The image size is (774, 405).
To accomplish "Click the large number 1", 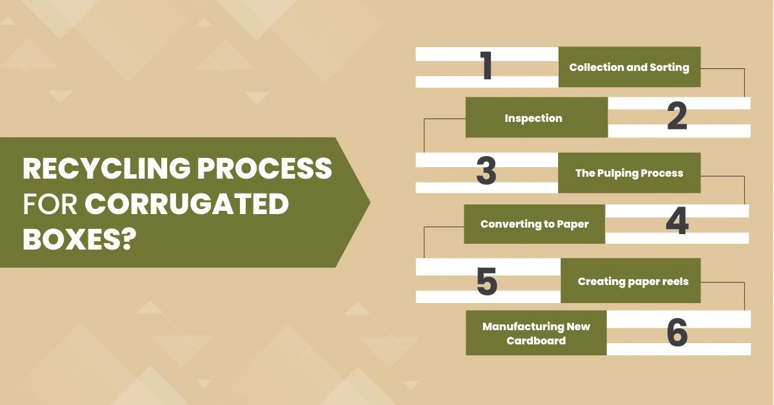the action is pyautogui.click(x=487, y=66).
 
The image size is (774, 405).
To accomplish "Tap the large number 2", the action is pyautogui.click(x=677, y=116).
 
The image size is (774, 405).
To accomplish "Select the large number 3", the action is pyautogui.click(x=486, y=170).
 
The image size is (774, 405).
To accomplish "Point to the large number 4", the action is pyautogui.click(x=677, y=221).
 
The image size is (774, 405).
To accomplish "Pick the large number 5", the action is pyautogui.click(x=487, y=281).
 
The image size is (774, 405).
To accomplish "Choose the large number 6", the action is pyautogui.click(x=677, y=332).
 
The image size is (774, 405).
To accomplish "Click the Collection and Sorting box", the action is pyautogui.click(x=630, y=66).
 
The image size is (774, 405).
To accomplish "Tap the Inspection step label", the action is pyautogui.click(x=533, y=118).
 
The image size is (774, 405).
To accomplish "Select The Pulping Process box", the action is pyautogui.click(x=630, y=173).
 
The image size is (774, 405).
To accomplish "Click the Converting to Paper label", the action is pyautogui.click(x=535, y=224).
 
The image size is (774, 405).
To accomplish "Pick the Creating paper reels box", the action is pyautogui.click(x=631, y=281).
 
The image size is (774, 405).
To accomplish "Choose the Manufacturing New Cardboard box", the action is pyautogui.click(x=536, y=333).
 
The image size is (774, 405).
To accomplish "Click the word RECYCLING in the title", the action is pyautogui.click(x=106, y=168).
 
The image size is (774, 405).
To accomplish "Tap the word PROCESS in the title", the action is pyautogui.click(x=264, y=168).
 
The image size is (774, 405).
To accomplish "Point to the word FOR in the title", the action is pyautogui.click(x=50, y=204).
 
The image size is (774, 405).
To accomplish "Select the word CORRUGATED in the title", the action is pyautogui.click(x=186, y=204).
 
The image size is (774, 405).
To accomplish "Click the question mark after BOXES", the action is pyautogui.click(x=127, y=239).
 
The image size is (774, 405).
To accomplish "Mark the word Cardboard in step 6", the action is pyautogui.click(x=536, y=341).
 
